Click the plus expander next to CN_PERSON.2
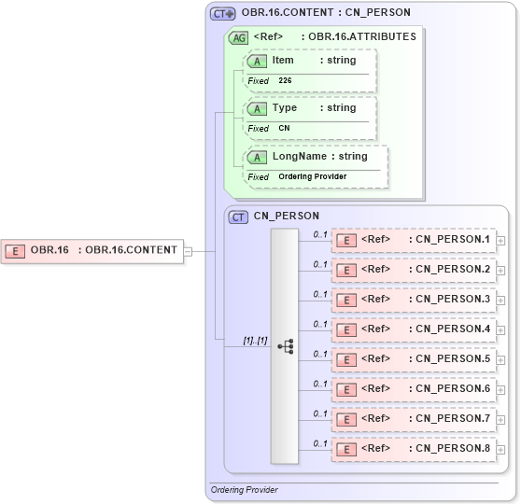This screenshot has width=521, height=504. (501, 271)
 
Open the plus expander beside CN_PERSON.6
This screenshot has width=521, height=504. (501, 390)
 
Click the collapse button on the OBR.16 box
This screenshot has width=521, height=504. (188, 250)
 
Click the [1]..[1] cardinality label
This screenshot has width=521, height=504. (255, 340)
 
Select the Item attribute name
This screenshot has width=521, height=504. (282, 61)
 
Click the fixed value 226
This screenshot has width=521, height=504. (286, 81)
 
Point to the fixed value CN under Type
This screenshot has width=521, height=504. (284, 129)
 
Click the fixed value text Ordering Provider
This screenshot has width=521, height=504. (312, 176)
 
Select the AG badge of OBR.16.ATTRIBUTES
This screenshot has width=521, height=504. (238, 38)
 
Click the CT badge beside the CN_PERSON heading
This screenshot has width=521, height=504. (239, 217)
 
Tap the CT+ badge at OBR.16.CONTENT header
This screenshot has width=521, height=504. (223, 13)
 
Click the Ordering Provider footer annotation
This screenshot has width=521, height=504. (244, 490)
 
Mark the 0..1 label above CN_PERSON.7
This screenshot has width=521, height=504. (320, 413)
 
